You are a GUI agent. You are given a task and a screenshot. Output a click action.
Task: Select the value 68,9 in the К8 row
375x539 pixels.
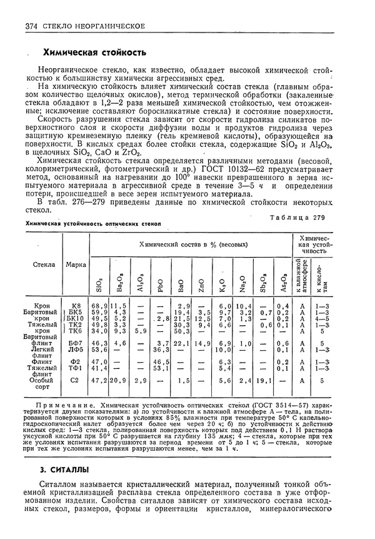[99, 305]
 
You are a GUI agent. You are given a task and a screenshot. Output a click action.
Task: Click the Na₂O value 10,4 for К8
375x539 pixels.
[243, 305]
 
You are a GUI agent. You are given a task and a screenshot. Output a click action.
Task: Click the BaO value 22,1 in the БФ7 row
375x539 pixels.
[181, 343]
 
